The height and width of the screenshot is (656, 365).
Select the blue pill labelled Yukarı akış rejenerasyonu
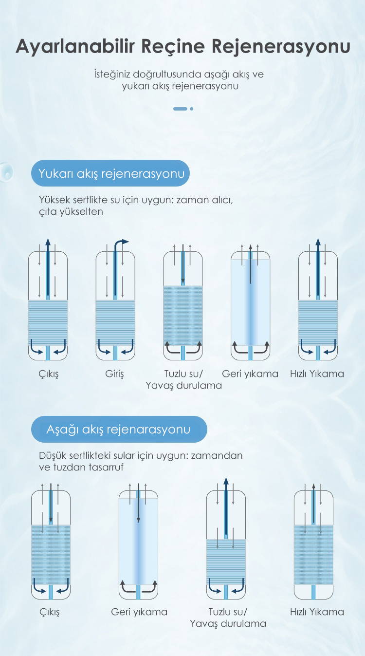110,173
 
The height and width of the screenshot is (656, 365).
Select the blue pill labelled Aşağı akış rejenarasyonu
119,430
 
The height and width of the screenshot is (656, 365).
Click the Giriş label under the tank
114,374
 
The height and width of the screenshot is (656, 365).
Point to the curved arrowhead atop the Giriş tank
125,242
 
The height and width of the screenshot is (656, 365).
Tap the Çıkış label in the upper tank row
49,374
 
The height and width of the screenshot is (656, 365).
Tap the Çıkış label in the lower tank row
50,612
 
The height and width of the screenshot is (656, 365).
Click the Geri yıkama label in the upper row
250,374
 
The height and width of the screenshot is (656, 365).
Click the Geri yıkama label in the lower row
139,612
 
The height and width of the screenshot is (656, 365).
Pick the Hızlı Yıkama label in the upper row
317,374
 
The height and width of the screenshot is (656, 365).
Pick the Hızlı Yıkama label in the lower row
317,612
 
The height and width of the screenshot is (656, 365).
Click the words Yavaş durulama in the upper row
184,386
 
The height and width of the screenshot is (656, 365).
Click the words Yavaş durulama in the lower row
228,624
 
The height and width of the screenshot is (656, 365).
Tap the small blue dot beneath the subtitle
191,109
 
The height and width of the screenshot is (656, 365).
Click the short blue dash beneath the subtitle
180,109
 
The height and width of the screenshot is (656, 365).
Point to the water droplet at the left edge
6,172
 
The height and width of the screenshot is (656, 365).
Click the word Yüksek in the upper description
55,200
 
